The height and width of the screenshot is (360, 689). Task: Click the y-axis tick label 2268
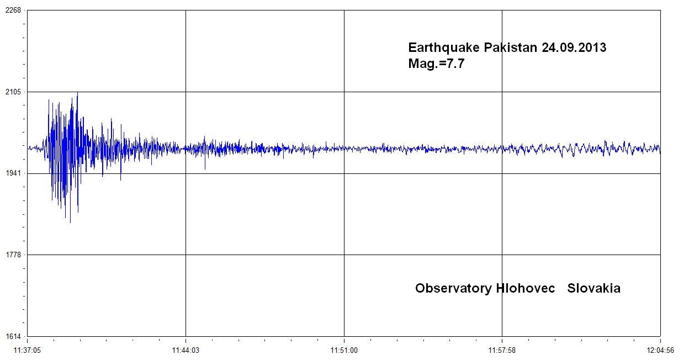(x=13, y=10)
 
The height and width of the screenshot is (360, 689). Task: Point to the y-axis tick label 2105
(x=13, y=92)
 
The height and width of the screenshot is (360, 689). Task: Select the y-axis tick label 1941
(x=13, y=173)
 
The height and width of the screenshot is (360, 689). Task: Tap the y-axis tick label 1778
(x=13, y=255)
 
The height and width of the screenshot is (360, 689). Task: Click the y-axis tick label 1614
(x=13, y=336)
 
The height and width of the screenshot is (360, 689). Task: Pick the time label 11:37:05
(x=28, y=350)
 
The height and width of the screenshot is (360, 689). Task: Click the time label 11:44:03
(x=185, y=350)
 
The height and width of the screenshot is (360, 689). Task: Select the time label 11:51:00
(x=344, y=350)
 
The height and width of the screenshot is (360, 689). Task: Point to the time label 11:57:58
(x=502, y=350)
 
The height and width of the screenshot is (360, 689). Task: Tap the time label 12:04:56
(x=660, y=350)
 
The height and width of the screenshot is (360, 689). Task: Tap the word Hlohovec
(x=522, y=288)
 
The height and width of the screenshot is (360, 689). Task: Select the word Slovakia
(x=593, y=288)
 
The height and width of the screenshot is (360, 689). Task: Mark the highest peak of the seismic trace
(x=77, y=93)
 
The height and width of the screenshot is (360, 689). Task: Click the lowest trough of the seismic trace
(x=70, y=223)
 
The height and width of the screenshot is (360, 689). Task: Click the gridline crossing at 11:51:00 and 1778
(x=344, y=255)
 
